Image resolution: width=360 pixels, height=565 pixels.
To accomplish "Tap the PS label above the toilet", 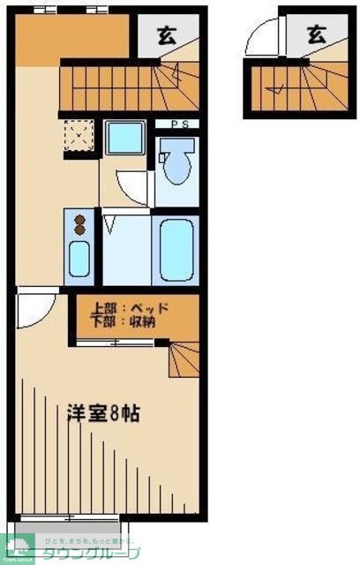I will (x=176, y=124).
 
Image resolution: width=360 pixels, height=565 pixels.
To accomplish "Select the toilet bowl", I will (x=176, y=166).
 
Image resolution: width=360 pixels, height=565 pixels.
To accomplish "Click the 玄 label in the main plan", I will (x=166, y=35).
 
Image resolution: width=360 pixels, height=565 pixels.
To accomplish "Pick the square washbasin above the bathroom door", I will (x=124, y=138).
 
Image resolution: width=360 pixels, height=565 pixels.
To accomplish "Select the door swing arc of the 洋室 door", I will (x=37, y=311).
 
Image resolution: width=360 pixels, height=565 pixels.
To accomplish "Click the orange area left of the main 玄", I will (x=75, y=41).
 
